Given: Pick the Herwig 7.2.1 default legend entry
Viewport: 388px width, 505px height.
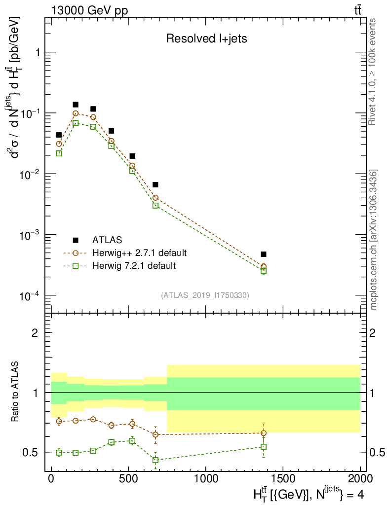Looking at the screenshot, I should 134,266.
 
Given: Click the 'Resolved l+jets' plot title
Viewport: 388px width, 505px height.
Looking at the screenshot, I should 206,39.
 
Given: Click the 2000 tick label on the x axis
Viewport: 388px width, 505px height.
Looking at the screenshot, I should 360,479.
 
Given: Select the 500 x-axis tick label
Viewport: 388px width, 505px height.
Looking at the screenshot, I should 129,479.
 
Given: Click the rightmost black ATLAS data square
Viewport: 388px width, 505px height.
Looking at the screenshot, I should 264,254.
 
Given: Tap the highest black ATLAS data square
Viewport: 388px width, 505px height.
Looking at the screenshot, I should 76,105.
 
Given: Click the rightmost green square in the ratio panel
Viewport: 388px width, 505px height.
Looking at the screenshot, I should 264,447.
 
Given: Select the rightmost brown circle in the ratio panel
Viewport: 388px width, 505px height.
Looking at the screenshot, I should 264,433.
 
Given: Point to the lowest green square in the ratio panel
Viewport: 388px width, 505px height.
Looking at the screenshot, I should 155,460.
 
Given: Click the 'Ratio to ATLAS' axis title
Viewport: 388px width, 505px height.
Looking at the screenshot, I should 16,392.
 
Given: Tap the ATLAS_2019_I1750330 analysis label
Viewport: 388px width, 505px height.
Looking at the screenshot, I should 205,295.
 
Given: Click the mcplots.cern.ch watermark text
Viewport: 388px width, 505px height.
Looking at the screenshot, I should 374,239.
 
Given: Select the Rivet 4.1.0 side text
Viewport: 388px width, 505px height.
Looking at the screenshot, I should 374,72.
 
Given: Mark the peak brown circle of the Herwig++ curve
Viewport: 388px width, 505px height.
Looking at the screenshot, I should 76,113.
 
